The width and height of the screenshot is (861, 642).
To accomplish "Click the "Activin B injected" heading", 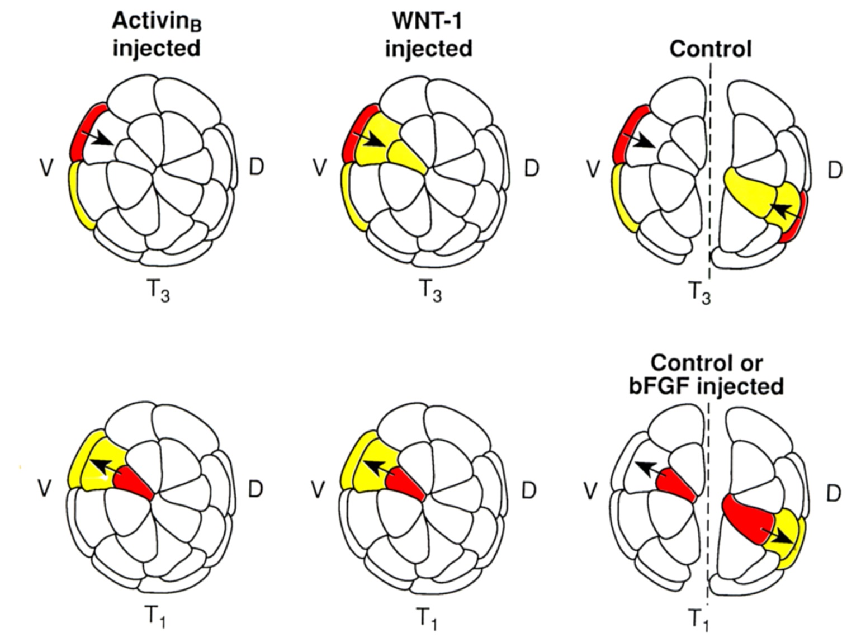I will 156,35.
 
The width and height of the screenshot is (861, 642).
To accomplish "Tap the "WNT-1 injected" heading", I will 428,35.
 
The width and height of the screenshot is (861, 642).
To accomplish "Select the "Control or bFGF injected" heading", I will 707,375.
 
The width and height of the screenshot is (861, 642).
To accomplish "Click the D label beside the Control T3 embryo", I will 834,169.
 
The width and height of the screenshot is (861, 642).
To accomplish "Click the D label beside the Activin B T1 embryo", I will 255,489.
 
